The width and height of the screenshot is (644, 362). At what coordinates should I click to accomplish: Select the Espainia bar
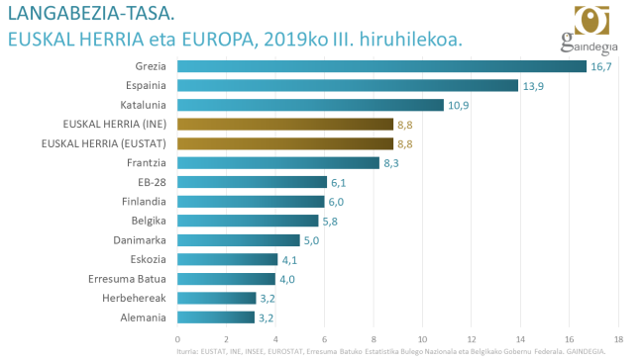[x=347, y=85]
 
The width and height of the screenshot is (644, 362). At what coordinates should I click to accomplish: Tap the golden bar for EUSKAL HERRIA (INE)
[x=284, y=124]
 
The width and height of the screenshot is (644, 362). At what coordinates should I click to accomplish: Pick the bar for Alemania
[x=216, y=317]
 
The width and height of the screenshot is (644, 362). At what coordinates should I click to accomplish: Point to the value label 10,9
[x=458, y=105]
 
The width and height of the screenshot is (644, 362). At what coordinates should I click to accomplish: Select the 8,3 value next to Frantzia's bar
[x=394, y=163]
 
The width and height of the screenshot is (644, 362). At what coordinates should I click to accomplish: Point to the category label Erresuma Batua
[x=128, y=279]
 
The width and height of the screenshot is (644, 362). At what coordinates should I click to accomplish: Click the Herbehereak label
[x=135, y=298]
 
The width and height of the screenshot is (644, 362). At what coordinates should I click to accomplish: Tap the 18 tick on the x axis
[x=618, y=338]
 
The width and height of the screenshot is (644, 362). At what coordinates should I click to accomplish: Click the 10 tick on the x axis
[x=422, y=338]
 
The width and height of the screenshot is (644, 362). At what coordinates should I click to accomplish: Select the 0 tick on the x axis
[x=177, y=338]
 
